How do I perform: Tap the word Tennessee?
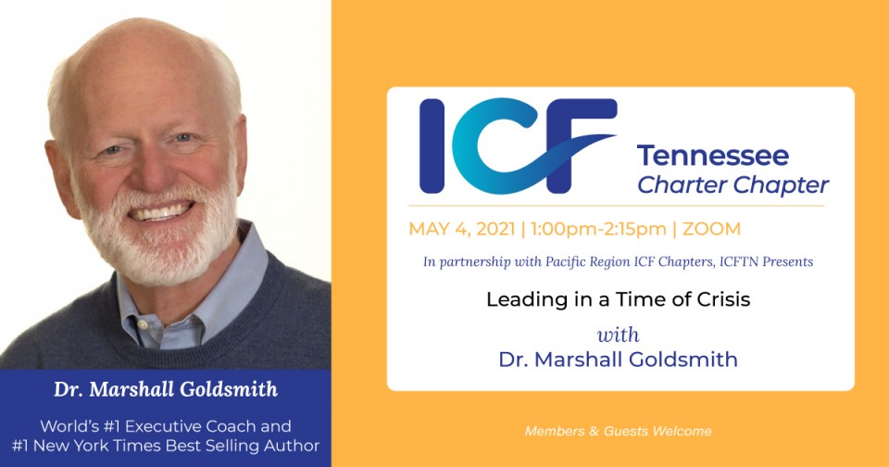[x=713, y=156]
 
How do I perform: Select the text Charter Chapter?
[x=733, y=185]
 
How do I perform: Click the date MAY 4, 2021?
[x=461, y=229]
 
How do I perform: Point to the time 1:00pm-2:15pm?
[x=598, y=229]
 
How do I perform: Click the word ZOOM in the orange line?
[x=711, y=229]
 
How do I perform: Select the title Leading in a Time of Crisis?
[x=618, y=299]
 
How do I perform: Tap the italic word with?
[x=618, y=334]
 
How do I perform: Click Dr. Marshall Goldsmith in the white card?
[x=618, y=360]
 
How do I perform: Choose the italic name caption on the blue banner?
[x=166, y=389]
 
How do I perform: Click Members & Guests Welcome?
[x=618, y=431]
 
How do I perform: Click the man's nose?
[x=152, y=170]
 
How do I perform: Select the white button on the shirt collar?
[x=143, y=324]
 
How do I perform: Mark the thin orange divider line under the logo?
[x=617, y=206]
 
